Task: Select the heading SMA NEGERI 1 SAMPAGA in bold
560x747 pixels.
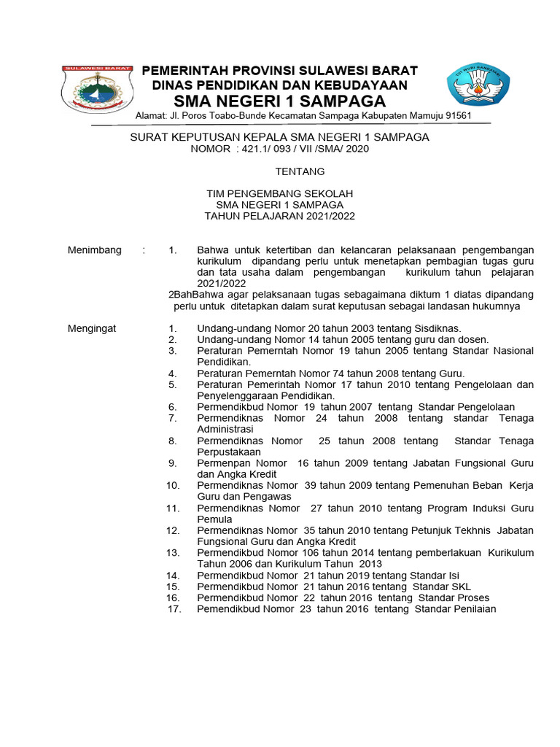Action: [279, 101]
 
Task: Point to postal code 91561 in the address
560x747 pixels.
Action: [457, 116]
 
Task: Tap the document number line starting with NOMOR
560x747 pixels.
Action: [279, 149]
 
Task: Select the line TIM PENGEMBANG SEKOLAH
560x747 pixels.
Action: [279, 193]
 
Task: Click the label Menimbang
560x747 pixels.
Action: [95, 250]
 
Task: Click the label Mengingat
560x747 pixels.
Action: [92, 328]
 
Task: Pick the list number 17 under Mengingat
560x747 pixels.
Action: [174, 608]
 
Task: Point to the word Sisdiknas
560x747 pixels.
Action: [436, 328]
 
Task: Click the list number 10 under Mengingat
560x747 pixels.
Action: [173, 485]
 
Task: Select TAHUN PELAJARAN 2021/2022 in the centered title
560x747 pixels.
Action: [279, 216]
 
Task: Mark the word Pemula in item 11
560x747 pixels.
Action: [214, 519]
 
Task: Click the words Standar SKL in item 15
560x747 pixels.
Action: [442, 587]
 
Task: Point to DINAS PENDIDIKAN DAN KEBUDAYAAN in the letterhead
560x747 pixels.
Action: [279, 85]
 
